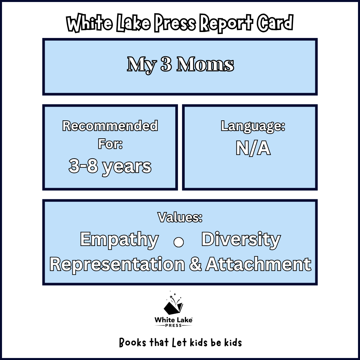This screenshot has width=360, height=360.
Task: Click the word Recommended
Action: click(110, 126)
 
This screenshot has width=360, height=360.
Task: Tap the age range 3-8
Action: click(83, 166)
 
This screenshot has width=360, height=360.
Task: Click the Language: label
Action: click(253, 126)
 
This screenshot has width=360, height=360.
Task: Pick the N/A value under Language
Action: click(253, 148)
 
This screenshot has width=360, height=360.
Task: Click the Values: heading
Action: click(180, 218)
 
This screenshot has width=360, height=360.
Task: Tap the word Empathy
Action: click(119, 240)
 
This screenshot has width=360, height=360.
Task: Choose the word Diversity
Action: click(241, 240)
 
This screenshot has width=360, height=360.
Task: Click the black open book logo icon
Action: click(173, 305)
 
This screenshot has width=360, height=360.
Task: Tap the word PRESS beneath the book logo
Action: click(173, 325)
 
